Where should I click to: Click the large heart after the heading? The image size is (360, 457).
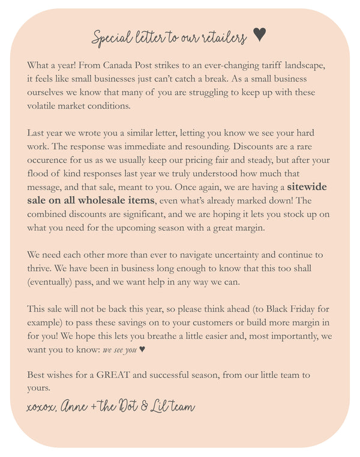[x=259, y=35]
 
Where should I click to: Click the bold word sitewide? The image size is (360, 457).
[x=307, y=187]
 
